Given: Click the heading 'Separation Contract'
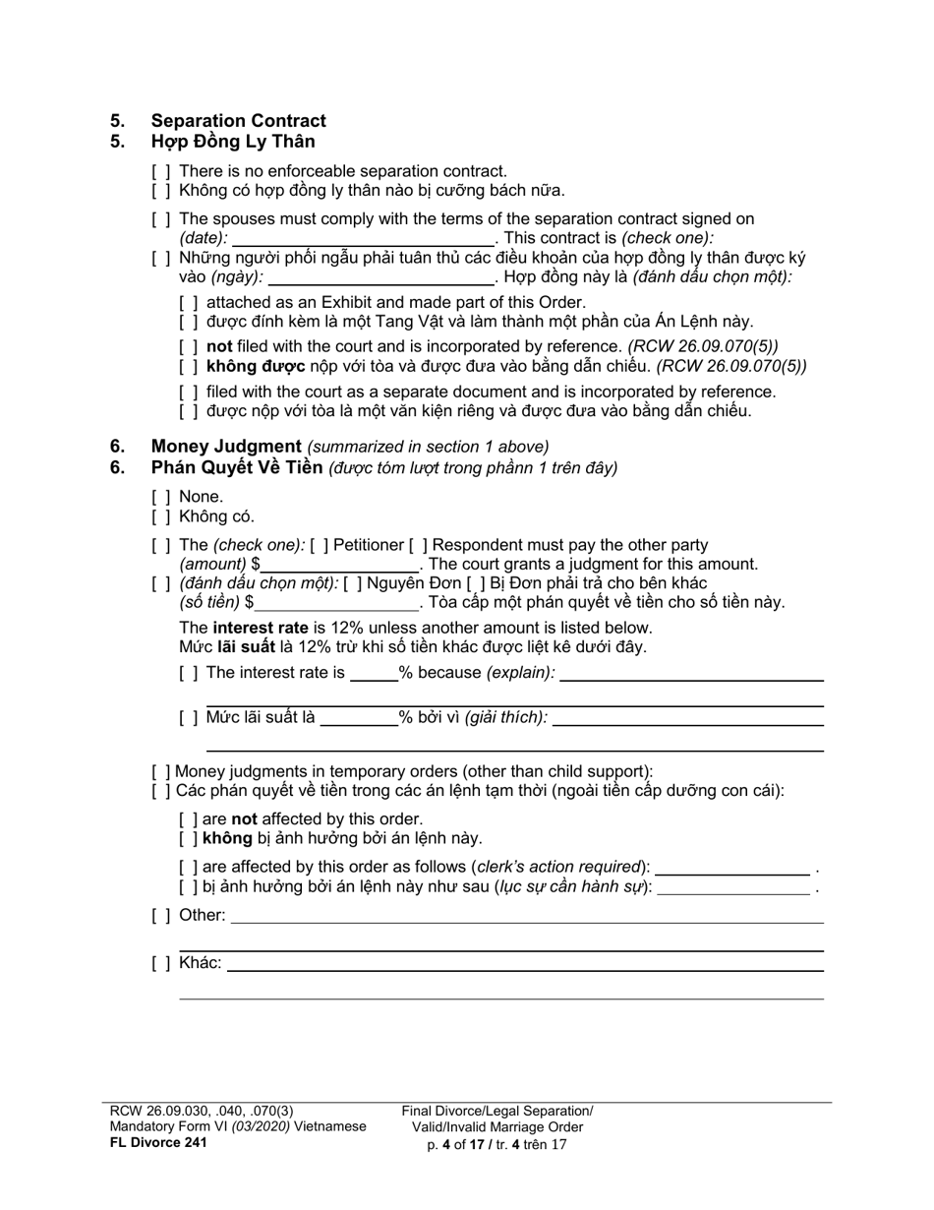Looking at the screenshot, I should coord(238,121).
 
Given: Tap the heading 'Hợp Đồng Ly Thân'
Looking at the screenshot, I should coord(233,141).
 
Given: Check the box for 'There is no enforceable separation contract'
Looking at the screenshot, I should coord(161,171).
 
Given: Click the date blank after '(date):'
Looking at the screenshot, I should coord(363,238).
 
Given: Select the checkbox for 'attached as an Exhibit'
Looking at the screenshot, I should coord(189,303).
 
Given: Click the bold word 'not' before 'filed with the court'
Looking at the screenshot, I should coord(218,346).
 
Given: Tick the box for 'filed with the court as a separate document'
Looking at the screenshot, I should coord(189,392).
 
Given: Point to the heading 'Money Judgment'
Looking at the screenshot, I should coord(226,446).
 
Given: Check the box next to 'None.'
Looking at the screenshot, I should coord(161,497).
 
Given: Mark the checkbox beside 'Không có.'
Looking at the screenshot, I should coord(161,516).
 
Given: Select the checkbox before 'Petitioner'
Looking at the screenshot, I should coord(320,545).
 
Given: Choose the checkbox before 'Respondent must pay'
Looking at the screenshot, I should coord(418,545).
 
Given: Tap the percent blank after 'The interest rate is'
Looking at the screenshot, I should coord(374,674).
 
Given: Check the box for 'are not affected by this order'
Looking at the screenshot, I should coord(189,819).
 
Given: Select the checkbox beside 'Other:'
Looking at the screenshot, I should coord(161,916).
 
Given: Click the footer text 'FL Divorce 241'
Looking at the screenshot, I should coord(158,1143).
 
